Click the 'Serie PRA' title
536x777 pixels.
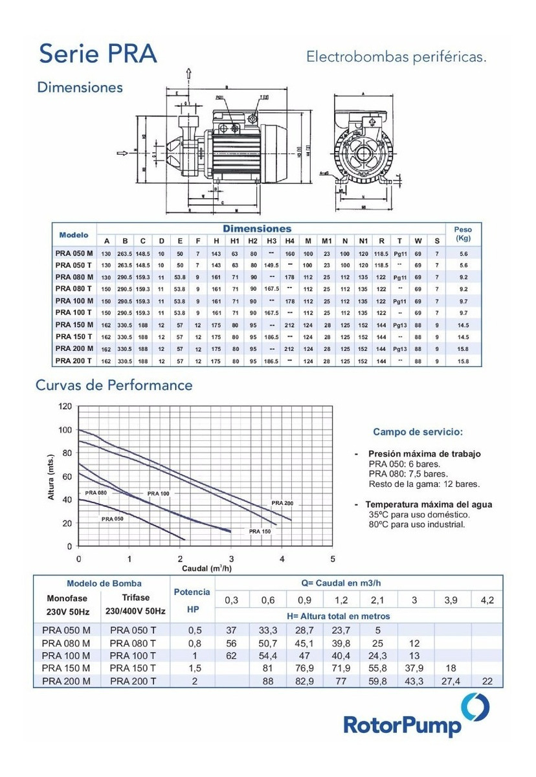tap(98, 55)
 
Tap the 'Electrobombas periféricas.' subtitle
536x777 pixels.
tap(396, 58)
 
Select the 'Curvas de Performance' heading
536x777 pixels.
tap(115, 385)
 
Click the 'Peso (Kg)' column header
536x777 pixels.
tap(463, 234)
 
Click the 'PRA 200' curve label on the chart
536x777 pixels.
tap(282, 503)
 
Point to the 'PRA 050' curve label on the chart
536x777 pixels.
tap(112, 519)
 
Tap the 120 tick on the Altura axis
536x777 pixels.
tap(65, 407)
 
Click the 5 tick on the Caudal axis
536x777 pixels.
tap(333, 558)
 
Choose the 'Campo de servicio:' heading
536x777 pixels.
tap(418, 431)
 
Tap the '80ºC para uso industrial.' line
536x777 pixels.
tap(416, 524)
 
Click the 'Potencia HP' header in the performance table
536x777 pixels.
tap(192, 600)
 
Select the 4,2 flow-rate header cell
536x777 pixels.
tap(487, 600)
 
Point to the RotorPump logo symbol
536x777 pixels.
tap(475, 707)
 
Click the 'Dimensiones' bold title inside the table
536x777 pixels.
tap(257, 229)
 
